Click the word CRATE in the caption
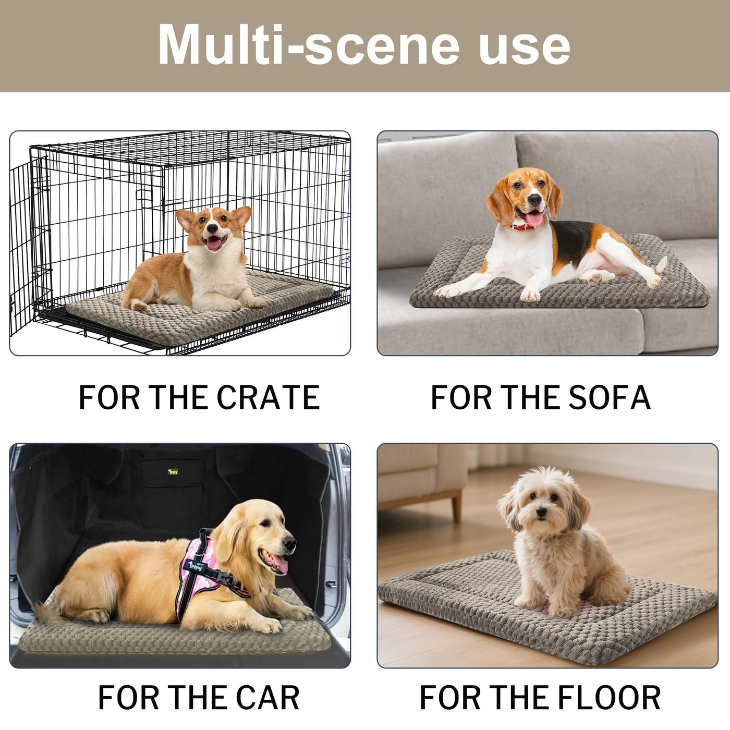(268, 397)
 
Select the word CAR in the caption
(268, 698)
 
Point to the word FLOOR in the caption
(610, 698)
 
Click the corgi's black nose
(212, 228)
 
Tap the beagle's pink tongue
(534, 219)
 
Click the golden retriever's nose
(290, 544)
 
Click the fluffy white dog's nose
(542, 512)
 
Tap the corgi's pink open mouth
(214, 242)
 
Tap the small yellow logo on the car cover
(173, 472)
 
